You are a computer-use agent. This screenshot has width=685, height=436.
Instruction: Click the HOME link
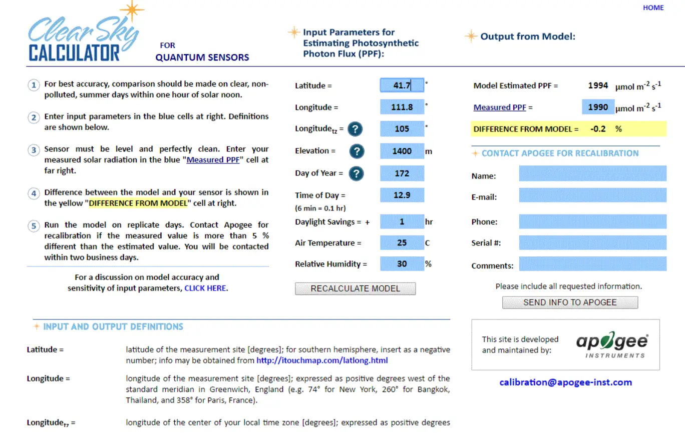pos(653,7)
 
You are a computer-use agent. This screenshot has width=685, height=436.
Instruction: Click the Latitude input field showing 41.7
pos(402,85)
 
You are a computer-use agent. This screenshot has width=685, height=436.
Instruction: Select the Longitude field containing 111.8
pos(402,107)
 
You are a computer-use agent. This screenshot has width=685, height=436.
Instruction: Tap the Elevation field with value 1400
pos(402,150)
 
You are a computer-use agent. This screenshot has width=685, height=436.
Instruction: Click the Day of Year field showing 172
pos(402,173)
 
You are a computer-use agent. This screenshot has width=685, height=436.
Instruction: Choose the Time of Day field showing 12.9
pos(402,195)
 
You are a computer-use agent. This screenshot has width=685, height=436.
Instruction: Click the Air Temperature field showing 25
pos(402,243)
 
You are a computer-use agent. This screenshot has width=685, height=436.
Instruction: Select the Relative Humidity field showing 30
pos(402,264)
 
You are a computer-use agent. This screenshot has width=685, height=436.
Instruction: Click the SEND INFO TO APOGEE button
pos(570,302)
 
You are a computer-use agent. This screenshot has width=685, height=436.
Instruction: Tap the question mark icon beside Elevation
pos(357,151)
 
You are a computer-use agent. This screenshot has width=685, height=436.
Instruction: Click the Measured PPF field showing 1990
pos(598,107)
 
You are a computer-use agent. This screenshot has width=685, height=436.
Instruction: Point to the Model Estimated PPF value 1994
pos(598,85)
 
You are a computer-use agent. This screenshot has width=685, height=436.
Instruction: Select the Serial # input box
pos(592,243)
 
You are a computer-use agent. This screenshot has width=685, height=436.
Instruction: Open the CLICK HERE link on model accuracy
pos(205,288)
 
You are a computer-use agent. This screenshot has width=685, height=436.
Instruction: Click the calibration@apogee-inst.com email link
pos(565,382)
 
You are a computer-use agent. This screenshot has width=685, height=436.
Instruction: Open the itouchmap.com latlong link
pos(322,360)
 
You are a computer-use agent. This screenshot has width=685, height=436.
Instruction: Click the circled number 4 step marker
pos(34,193)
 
